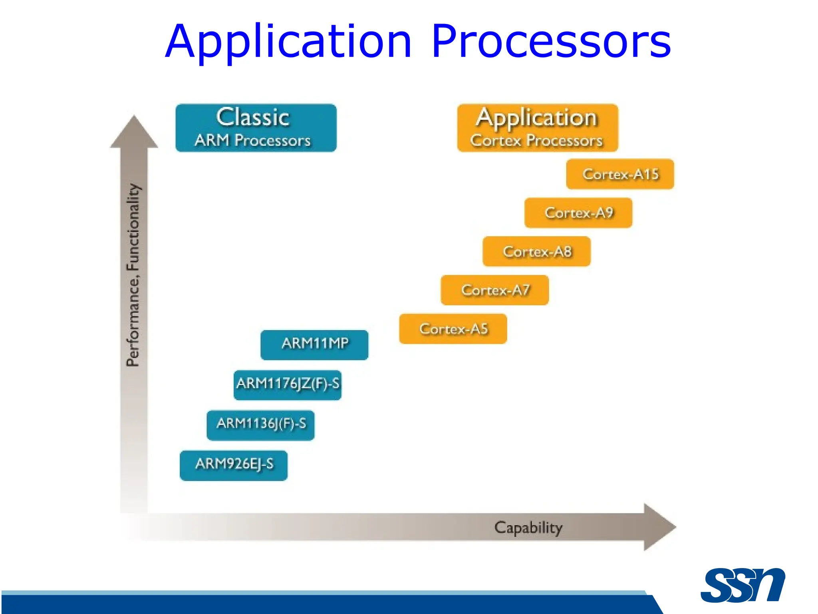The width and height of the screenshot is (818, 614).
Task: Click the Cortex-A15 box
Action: pyautogui.click(x=620, y=174)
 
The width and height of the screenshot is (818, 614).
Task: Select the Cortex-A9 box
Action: pyautogui.click(x=578, y=213)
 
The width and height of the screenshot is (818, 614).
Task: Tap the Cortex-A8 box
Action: pyautogui.click(x=536, y=251)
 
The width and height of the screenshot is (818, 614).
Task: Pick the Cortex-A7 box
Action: pyautogui.click(x=495, y=290)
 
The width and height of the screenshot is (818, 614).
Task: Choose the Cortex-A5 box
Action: pyautogui.click(x=453, y=329)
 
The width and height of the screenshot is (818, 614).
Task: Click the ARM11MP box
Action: pyautogui.click(x=314, y=345)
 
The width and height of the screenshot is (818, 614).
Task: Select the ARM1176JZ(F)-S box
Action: pyautogui.click(x=288, y=385)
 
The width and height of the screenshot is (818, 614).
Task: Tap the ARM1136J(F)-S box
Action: pyautogui.click(x=261, y=425)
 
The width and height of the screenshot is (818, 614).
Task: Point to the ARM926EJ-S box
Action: pyautogui.click(x=234, y=465)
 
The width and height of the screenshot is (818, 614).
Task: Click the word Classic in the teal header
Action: pyautogui.click(x=253, y=118)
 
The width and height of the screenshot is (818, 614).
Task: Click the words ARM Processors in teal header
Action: pyautogui.click(x=252, y=140)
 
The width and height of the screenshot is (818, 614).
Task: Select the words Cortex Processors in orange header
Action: pyautogui.click(x=536, y=140)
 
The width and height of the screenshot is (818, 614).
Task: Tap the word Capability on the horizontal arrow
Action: pyautogui.click(x=528, y=528)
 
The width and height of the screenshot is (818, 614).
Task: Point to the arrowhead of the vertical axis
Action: pyautogui.click(x=134, y=132)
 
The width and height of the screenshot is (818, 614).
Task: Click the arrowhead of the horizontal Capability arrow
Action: pyautogui.click(x=658, y=527)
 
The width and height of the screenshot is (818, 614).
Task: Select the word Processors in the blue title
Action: pyautogui.click(x=551, y=42)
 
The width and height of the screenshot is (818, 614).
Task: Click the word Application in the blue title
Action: pyautogui.click(x=288, y=42)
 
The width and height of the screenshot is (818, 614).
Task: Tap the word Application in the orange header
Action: pyautogui.click(x=536, y=118)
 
